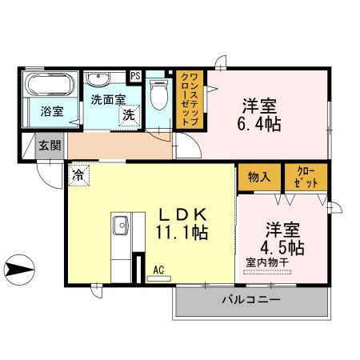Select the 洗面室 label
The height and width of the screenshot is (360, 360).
coord(106,100)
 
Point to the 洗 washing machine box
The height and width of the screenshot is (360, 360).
coord(128,115)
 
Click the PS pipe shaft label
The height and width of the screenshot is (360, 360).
coord(135,77)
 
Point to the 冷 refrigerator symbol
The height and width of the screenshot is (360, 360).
coord(80,173)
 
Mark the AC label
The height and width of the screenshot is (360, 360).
coord(158,270)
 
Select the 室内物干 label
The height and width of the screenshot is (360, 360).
coord(270,262)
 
